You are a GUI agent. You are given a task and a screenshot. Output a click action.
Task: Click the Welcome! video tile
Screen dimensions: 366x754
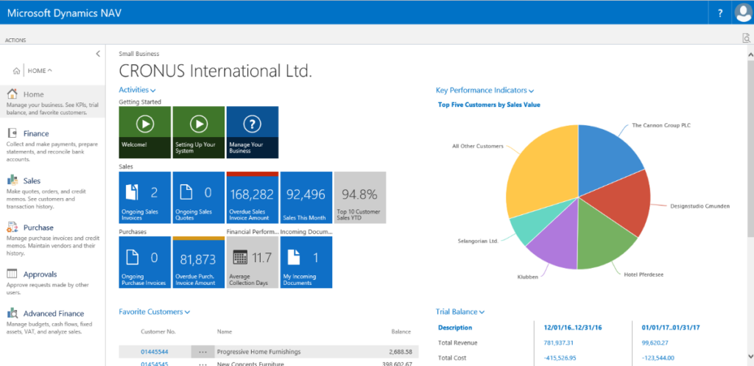point(144,132)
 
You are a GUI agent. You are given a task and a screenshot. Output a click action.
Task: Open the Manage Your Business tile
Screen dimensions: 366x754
point(253,132)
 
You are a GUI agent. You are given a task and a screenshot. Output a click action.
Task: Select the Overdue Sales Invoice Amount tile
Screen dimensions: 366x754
point(253,197)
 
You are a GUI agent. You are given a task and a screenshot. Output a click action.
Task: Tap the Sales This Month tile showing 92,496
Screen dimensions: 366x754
point(306,197)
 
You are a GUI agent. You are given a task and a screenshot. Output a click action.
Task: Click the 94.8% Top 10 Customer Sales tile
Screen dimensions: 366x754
point(360,197)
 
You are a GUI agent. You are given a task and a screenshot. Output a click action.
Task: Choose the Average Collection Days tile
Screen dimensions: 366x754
point(253,261)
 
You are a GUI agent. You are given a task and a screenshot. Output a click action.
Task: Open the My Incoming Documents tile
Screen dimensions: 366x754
point(306,261)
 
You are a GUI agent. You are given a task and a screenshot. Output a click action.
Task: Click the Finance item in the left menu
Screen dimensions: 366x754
point(35,133)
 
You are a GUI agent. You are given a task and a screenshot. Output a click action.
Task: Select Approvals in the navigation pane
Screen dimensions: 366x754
point(40,275)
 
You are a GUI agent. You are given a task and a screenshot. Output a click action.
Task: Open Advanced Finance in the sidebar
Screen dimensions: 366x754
point(53,314)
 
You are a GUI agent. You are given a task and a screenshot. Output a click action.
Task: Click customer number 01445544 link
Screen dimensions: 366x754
point(155,352)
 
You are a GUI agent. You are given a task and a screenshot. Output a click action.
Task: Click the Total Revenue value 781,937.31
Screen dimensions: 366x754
point(559,342)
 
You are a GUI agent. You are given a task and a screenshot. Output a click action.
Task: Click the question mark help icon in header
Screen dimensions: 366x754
point(719,13)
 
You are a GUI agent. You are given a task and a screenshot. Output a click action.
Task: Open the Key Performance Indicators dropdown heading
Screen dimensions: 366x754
point(485,91)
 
